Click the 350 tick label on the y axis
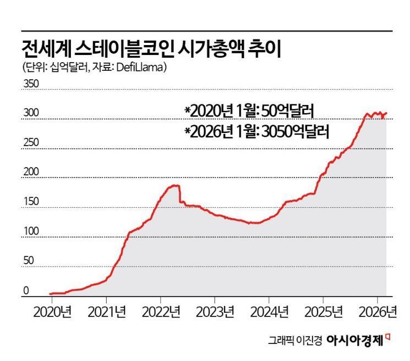pos(31,84)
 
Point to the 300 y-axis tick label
pos(31,113)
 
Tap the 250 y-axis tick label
pos(31,143)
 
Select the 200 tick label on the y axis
pos(31,172)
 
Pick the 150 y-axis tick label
pos(31,202)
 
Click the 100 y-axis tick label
pos(31,231)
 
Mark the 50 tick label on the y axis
pos(29,261)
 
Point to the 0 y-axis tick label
pos(25,291)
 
